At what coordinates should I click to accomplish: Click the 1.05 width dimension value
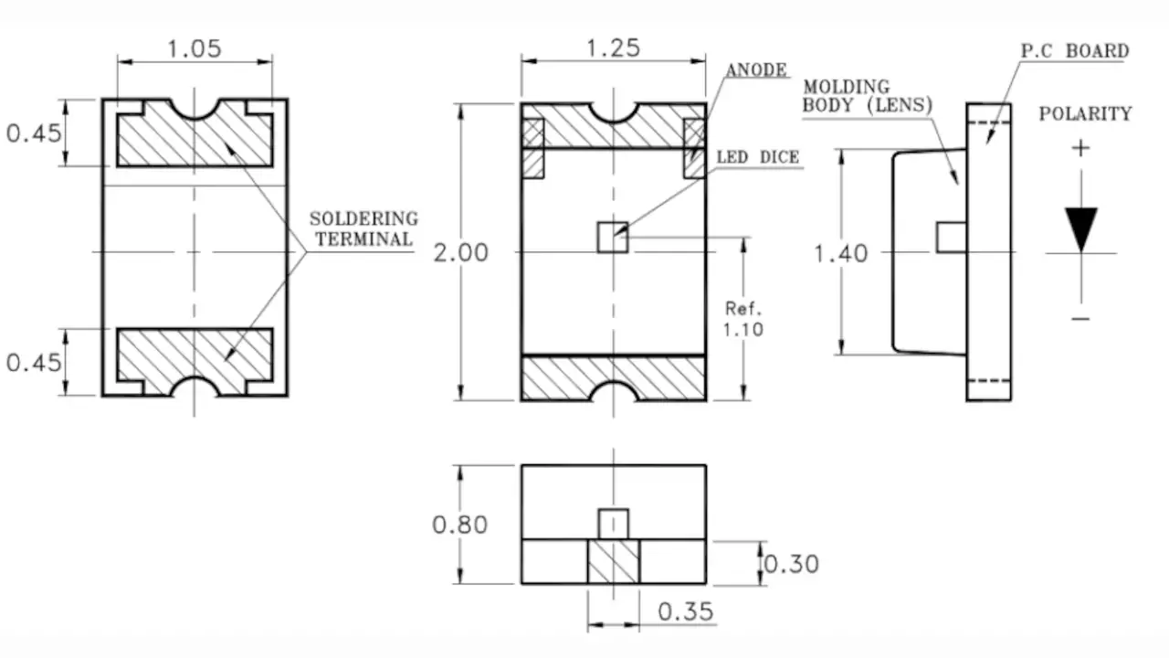[x=195, y=48]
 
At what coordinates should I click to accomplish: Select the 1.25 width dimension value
[x=613, y=48]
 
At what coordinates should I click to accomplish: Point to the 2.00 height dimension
[x=460, y=252]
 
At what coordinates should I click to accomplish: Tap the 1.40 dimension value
[x=841, y=253]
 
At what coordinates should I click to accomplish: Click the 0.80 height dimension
[x=459, y=525]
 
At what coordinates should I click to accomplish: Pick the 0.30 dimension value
[x=791, y=564]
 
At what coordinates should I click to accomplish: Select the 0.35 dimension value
[x=686, y=610]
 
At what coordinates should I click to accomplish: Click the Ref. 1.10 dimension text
[x=743, y=318]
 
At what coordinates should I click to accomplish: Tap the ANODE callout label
[x=756, y=70]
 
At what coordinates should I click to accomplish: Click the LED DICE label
[x=757, y=158]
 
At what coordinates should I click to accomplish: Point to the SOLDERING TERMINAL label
[x=363, y=228]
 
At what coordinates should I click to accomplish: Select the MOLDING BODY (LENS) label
[x=867, y=95]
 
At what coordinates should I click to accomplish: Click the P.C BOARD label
[x=1074, y=51]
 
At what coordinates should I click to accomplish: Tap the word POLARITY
[x=1085, y=114]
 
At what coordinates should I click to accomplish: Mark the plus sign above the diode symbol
[x=1081, y=148]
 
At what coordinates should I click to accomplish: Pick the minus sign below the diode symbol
[x=1081, y=318]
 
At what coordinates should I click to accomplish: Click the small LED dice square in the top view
[x=613, y=237]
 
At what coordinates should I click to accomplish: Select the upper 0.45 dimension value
[x=34, y=133]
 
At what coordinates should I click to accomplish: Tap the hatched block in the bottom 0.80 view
[x=613, y=561]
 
